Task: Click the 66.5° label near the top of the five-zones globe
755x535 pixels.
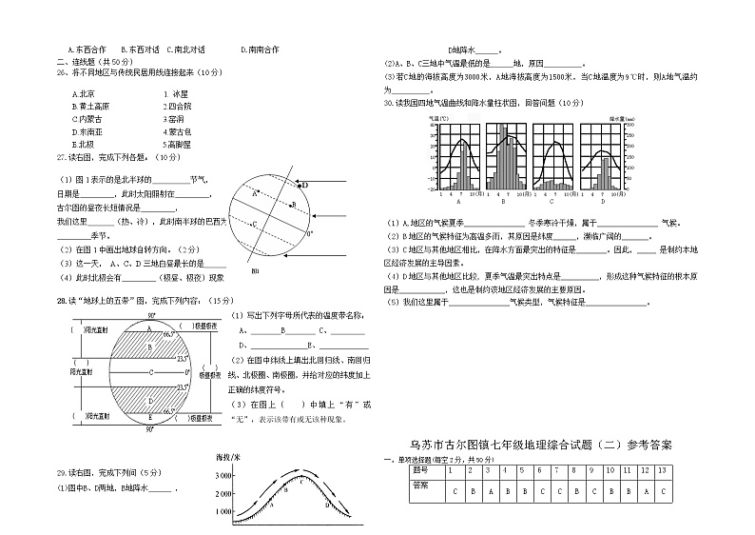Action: pyautogui.click(x=169, y=336)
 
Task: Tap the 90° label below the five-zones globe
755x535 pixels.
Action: pyautogui.click(x=149, y=430)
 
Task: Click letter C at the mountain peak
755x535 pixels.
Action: pyautogui.click(x=301, y=482)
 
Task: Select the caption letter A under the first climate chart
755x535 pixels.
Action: pyautogui.click(x=460, y=203)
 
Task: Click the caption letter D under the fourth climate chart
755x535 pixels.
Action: pyautogui.click(x=603, y=203)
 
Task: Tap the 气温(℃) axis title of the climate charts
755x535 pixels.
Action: pyautogui.click(x=438, y=118)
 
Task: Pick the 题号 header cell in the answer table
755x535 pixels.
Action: pyautogui.click(x=421, y=471)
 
